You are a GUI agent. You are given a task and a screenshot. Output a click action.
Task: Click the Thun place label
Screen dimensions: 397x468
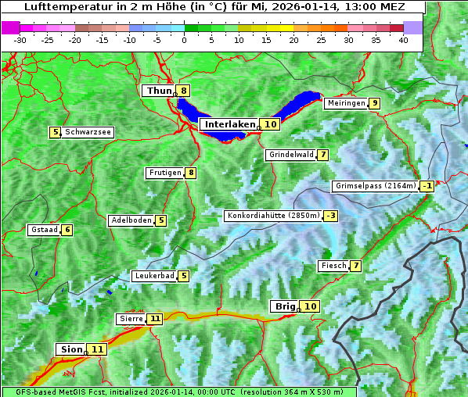pos(159,91)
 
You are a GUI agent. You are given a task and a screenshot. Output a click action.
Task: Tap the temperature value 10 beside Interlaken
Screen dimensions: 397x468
pos(271,124)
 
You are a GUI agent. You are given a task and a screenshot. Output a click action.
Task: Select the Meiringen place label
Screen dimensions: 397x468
pos(346,103)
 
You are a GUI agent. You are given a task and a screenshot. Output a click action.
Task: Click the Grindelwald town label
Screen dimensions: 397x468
pos(291,155)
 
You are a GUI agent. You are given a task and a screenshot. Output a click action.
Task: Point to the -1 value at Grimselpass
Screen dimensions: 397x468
pos(427,186)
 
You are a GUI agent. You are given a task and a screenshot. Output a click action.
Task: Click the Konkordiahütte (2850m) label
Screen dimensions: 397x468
pos(273,216)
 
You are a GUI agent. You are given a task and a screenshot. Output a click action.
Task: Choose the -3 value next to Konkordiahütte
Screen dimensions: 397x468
pos(331,216)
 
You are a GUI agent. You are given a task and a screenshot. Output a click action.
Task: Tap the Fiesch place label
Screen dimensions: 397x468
pos(333,266)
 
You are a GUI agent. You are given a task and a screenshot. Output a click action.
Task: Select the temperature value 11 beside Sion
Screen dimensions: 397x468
pos(97,349)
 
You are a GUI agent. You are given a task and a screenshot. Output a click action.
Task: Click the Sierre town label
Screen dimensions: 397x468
pos(130,319)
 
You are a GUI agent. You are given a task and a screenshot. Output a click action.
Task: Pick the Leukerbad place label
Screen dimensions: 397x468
pos(153,276)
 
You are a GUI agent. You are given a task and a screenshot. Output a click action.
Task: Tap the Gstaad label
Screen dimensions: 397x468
pos(43,230)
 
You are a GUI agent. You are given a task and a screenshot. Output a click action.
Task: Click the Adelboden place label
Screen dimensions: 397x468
pos(131,220)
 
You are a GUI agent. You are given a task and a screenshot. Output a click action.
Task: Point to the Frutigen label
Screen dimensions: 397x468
pos(164,173)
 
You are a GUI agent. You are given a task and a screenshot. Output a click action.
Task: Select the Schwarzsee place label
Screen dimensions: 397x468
pos(88,132)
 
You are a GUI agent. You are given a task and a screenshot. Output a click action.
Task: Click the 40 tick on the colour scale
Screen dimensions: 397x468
pos(403,39)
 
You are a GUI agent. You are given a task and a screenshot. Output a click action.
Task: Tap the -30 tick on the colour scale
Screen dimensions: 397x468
pos(20,39)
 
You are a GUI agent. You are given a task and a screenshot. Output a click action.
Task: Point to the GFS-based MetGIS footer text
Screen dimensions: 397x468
pos(179,392)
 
